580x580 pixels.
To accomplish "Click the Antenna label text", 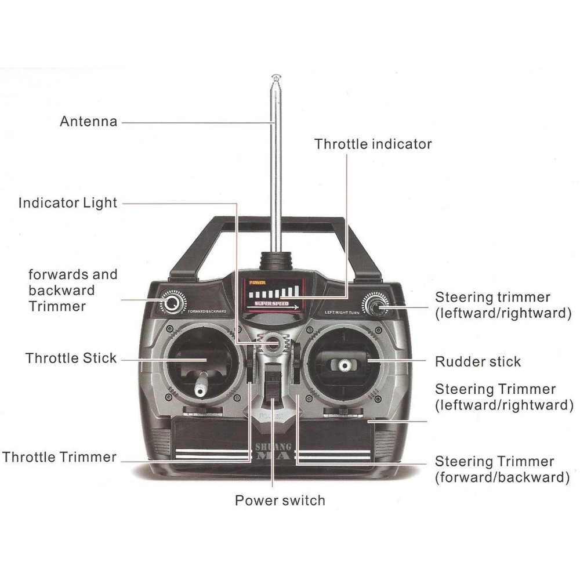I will coord(88,122).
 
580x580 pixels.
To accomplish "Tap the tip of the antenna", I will coord(275,76).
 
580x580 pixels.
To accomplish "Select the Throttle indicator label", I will coord(373,144).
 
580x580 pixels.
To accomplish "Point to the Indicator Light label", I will coord(67,203).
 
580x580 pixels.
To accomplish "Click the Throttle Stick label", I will coord(71,358).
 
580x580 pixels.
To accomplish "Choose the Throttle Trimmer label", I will coord(59,456).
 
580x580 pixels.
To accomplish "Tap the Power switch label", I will coord(280,500).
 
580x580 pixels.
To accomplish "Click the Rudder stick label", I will coord(478,361).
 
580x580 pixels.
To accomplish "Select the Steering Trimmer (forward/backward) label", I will coord(495,469).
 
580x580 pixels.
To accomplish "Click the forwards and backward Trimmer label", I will coord(72,290).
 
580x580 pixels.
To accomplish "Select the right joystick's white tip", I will coord(343,365).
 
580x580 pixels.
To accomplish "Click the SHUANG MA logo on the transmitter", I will coord(272,452).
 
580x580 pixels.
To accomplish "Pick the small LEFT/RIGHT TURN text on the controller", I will coord(342,313).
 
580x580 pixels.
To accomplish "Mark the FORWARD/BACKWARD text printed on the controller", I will coord(206,312).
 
